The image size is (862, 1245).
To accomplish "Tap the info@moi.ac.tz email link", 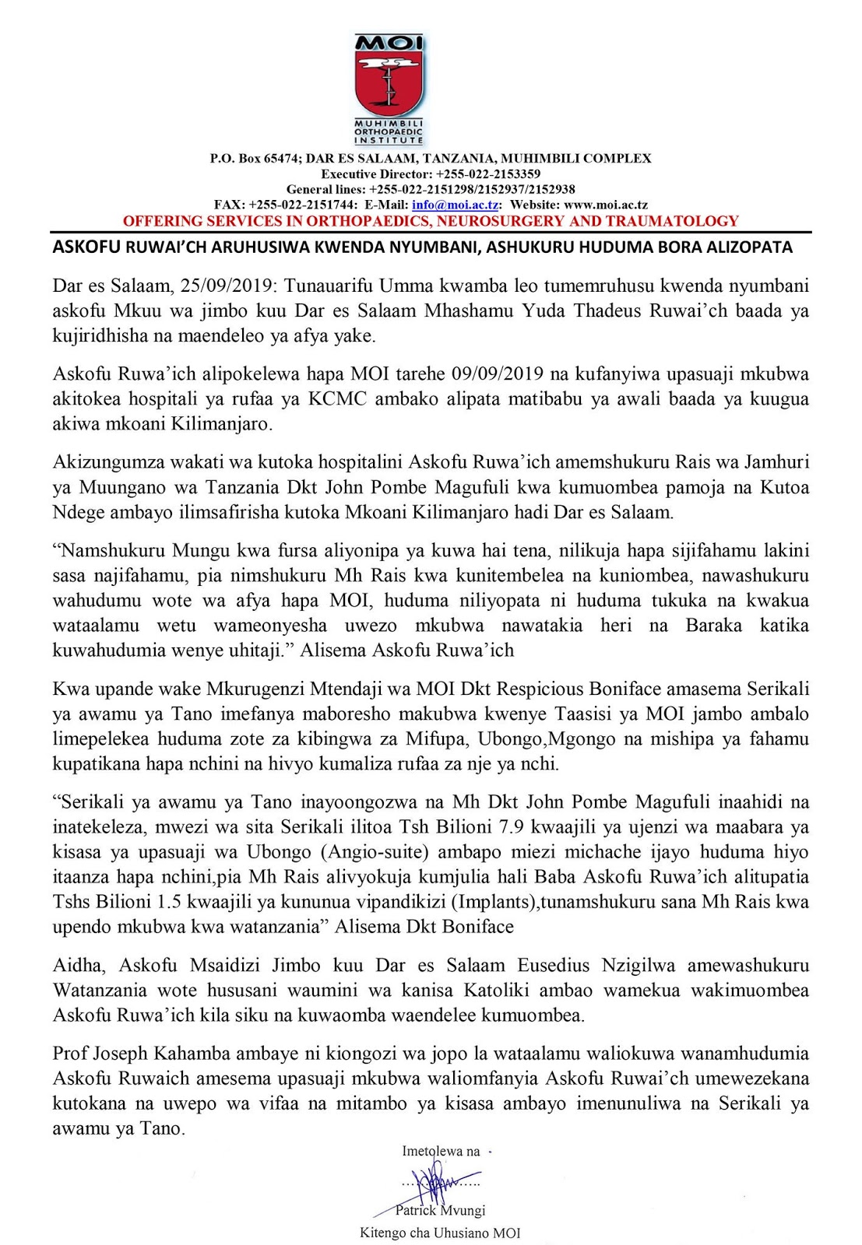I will tap(456, 205).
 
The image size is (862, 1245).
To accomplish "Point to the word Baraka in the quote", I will tap(713, 626).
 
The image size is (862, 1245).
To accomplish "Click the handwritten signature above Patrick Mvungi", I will tap(437, 1184).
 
